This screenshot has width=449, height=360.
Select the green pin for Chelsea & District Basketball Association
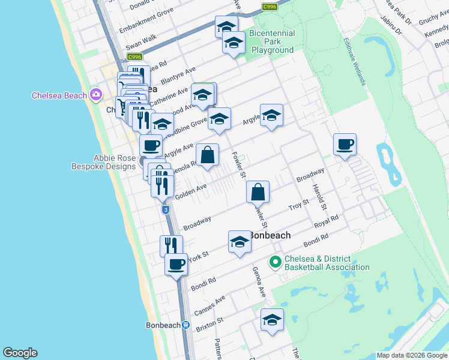pyautogui.click(x=276, y=262)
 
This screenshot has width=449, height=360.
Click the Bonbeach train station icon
pyautogui.click(x=186, y=326)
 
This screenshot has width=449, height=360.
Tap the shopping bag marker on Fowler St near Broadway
pyautogui.click(x=258, y=193)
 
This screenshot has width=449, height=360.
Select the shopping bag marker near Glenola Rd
pyautogui.click(x=207, y=156)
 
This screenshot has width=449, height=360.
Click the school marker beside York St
pyautogui.click(x=240, y=242)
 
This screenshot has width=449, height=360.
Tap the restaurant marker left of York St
pyautogui.click(x=171, y=246)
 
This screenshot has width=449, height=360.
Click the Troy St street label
pyautogui.click(x=298, y=205)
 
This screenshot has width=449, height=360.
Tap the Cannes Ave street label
pyautogui.click(x=210, y=305)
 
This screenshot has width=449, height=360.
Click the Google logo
pyautogui.click(x=20, y=353)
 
